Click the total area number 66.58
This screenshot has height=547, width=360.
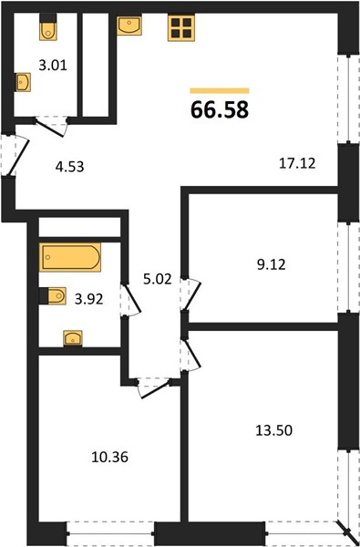tap(220, 109)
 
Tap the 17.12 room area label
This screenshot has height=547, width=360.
tap(297, 163)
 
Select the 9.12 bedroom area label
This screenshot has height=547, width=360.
tap(270, 264)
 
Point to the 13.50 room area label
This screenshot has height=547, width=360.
tap(273, 430)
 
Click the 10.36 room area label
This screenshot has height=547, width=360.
tap(110, 457)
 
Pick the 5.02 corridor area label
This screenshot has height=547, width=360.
tap(158, 279)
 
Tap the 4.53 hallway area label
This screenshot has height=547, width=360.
tap(70, 167)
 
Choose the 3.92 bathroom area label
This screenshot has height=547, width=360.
tap(89, 299)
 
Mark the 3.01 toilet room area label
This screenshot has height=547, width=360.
tap(53, 66)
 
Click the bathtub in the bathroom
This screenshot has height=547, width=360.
tap(70, 257)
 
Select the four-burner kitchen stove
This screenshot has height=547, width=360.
tap(181, 28)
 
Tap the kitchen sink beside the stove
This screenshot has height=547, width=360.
tap(129, 26)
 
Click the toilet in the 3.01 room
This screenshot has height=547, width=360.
tap(48, 27)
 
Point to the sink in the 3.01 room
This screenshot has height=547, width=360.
tap(23, 82)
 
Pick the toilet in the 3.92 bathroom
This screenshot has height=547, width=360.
tap(53, 295)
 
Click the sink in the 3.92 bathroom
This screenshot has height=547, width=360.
tap(73, 338)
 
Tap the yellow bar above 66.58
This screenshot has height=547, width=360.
tap(220, 90)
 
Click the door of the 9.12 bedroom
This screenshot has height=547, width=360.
tap(190, 294)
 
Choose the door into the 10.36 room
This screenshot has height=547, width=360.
tap(153, 388)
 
